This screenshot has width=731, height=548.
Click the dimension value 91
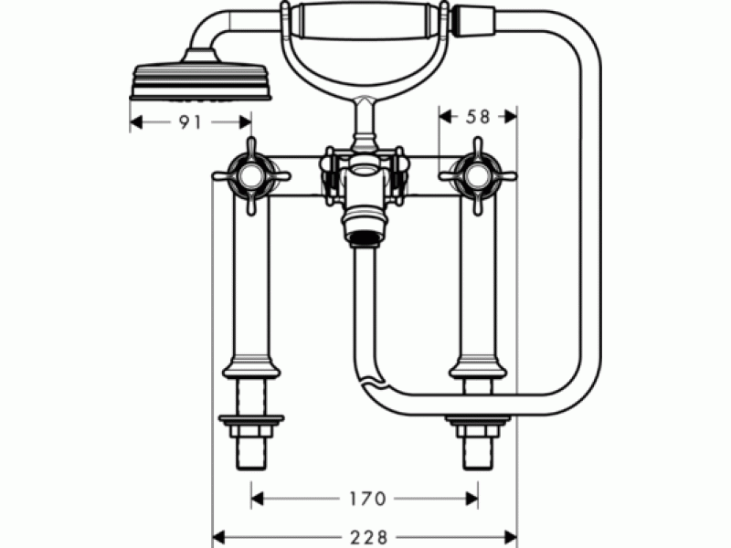[x=190, y=122]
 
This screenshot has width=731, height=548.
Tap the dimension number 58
[x=478, y=117]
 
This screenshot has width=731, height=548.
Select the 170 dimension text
[x=367, y=499]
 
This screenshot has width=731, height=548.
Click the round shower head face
[x=200, y=82]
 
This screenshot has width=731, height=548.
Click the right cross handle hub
[x=478, y=175]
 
